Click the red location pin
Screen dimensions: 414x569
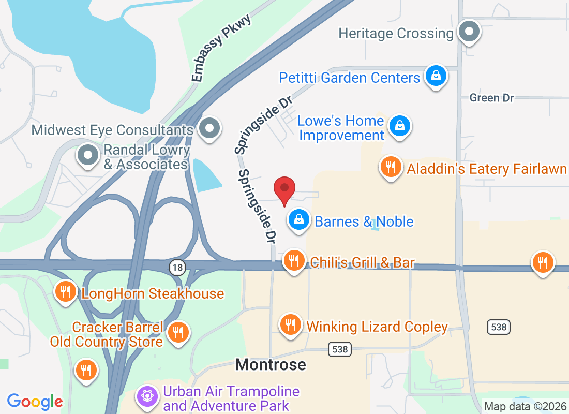(284, 189)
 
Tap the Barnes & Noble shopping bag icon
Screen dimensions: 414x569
(299, 220)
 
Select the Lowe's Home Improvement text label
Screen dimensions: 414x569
(341, 128)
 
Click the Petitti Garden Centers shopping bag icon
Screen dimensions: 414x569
(436, 77)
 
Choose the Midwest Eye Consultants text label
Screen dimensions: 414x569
(112, 129)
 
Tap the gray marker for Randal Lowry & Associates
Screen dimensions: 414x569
(87, 155)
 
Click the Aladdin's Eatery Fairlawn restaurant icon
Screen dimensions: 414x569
(391, 167)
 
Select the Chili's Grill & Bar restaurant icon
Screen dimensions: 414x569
(294, 261)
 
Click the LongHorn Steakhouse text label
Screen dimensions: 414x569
(153, 294)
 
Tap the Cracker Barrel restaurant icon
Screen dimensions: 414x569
(178, 332)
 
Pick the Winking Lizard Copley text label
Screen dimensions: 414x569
(377, 327)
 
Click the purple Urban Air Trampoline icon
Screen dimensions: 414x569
(147, 397)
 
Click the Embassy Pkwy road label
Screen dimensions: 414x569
(221, 48)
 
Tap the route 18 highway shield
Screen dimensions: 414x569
(177, 267)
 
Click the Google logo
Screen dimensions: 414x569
(35, 401)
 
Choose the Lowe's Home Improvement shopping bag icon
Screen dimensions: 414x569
(400, 126)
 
